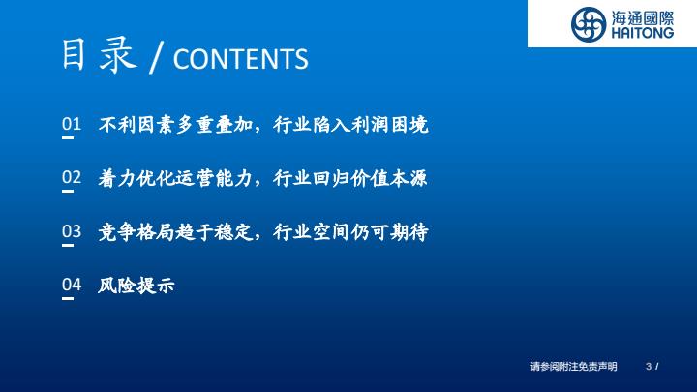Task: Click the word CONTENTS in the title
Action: click(x=240, y=59)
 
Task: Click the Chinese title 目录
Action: click(x=99, y=54)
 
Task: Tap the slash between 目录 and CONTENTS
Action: click(x=157, y=57)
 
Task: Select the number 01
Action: click(x=72, y=124)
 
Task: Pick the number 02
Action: click(x=72, y=177)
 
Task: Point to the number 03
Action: click(x=72, y=231)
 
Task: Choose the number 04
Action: click(x=72, y=285)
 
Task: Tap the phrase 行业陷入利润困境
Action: click(x=350, y=125)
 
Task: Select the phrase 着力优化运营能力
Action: click(x=175, y=178)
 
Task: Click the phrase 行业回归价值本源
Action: click(x=350, y=178)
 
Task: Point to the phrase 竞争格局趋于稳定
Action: click(x=175, y=232)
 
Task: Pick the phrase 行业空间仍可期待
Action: click(x=350, y=232)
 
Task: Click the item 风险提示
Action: click(x=136, y=286)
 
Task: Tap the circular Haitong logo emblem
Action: click(x=589, y=24)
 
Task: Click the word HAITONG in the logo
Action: click(x=643, y=33)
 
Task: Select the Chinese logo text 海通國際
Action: click(x=643, y=18)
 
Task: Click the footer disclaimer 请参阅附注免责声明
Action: click(x=573, y=366)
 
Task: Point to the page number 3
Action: click(x=649, y=366)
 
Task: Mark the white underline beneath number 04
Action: click(x=68, y=299)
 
